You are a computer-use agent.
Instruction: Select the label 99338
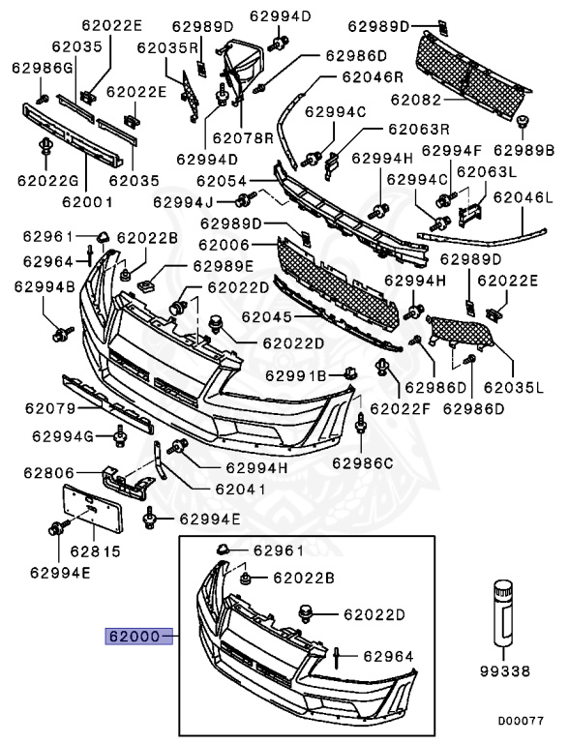pyautogui.click(x=506, y=669)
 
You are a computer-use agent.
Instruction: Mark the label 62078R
pyautogui.click(x=243, y=138)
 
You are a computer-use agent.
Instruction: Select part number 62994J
pyautogui.click(x=183, y=202)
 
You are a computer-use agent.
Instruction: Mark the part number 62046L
pyautogui.click(x=523, y=198)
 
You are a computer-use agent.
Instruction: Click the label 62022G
pyautogui.click(x=47, y=179)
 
